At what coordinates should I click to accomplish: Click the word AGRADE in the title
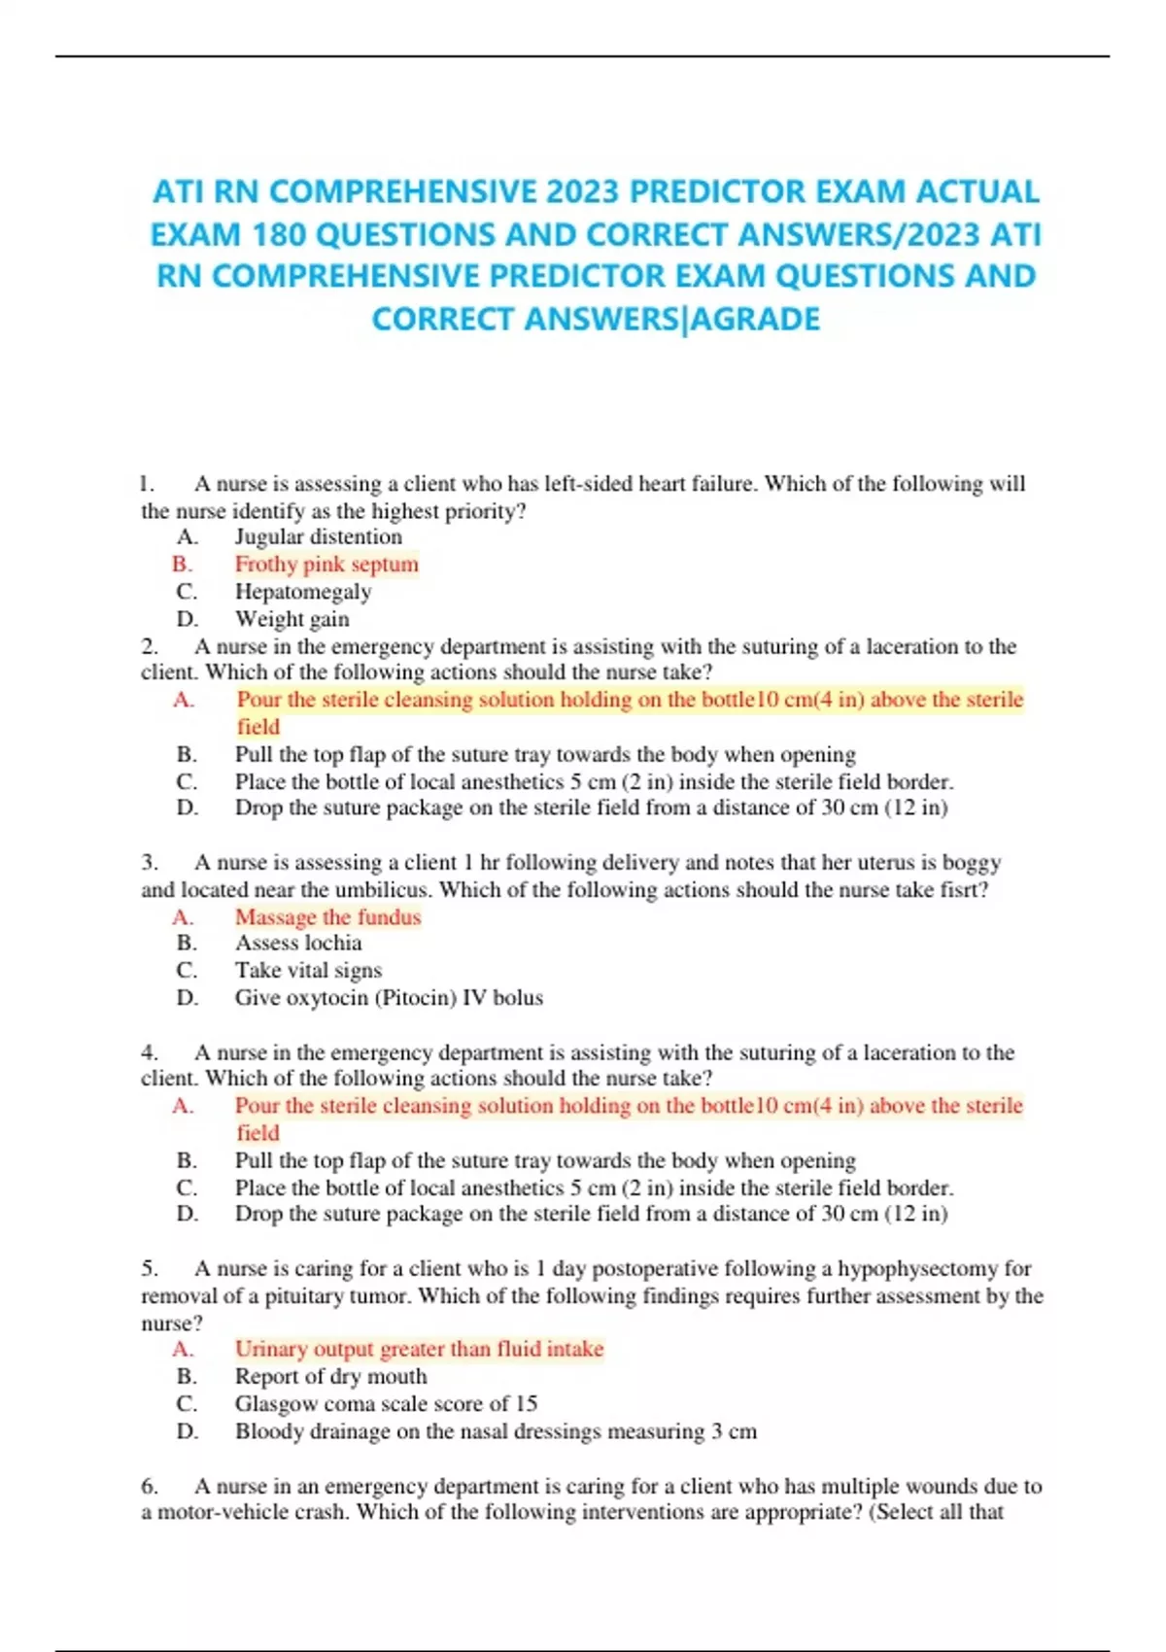[755, 319]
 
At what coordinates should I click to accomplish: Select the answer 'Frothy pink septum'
[326, 565]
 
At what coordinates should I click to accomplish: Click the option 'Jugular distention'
[318, 536]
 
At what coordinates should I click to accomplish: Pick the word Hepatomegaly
[303, 592]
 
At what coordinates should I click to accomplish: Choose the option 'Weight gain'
[291, 619]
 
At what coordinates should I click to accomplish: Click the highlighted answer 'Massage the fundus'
[327, 916]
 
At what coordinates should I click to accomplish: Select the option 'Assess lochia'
[298, 943]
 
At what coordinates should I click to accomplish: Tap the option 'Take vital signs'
[308, 970]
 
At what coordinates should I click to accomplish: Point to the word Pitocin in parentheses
[415, 997]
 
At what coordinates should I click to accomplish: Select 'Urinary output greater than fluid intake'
[419, 1349]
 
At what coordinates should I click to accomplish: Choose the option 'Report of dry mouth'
[330, 1376]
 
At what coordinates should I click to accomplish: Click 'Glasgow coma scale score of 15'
[386, 1403]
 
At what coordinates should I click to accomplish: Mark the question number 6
[150, 1486]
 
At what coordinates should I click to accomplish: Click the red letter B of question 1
[182, 565]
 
